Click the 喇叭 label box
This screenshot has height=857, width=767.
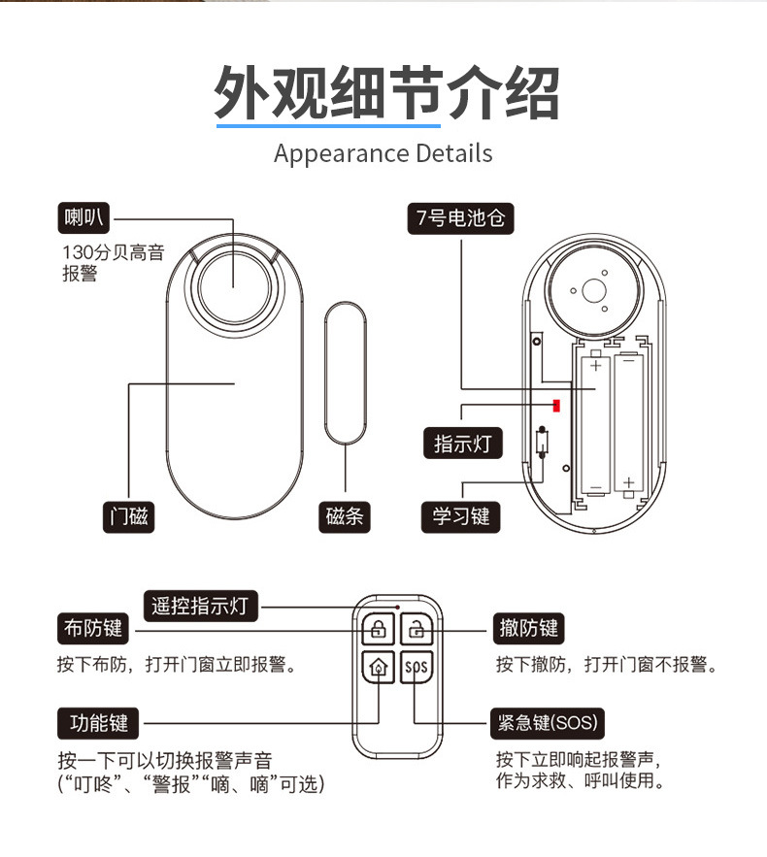pyautogui.click(x=84, y=218)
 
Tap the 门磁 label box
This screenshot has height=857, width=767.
pyautogui.click(x=130, y=516)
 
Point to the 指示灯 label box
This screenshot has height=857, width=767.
pyautogui.click(x=462, y=444)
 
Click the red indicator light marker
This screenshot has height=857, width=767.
pyautogui.click(x=557, y=403)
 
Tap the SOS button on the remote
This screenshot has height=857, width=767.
pyautogui.click(x=416, y=667)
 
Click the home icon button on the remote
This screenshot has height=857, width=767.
pyautogui.click(x=376, y=667)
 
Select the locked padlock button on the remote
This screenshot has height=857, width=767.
pyautogui.click(x=376, y=629)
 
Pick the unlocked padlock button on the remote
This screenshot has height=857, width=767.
pyautogui.click(x=416, y=629)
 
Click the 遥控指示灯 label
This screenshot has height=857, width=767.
pyautogui.click(x=201, y=607)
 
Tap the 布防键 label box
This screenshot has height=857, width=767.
pyautogui.click(x=93, y=629)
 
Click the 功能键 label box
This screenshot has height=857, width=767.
pyautogui.click(x=98, y=723)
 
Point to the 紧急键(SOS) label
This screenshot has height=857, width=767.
pyautogui.click(x=548, y=723)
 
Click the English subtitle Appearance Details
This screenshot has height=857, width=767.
pyautogui.click(x=383, y=153)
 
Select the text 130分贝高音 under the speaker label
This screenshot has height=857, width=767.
pyautogui.click(x=113, y=253)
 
